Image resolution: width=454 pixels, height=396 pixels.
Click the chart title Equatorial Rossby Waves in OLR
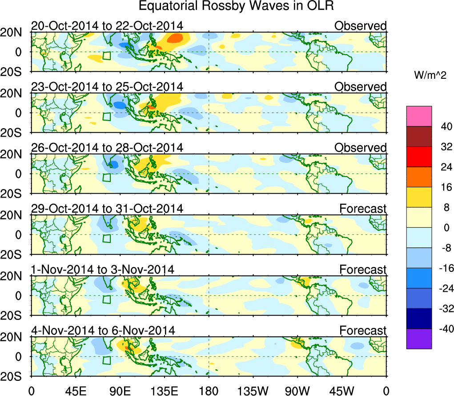point(236,6)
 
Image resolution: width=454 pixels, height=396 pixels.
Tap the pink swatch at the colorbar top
point(419,116)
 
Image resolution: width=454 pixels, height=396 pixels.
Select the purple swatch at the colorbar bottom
point(419,339)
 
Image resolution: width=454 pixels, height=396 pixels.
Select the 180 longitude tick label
point(209,391)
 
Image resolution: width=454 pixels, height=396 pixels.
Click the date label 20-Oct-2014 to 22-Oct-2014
point(107,25)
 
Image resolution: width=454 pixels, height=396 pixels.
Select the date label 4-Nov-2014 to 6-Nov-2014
point(103,331)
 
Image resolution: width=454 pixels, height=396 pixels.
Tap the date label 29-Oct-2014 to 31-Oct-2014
point(107,208)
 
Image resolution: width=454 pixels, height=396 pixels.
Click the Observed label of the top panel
point(360,26)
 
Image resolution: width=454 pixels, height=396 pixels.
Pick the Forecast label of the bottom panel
point(363,331)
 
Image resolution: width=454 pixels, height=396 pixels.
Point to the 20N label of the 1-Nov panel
point(15,276)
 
